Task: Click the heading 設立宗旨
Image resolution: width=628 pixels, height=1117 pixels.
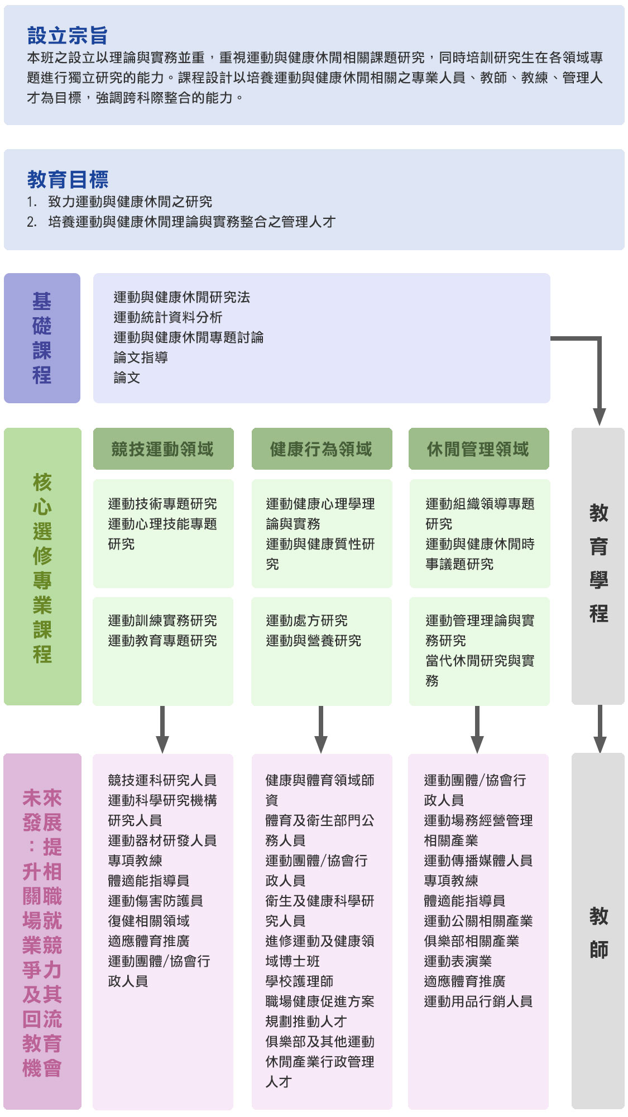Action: tap(68, 36)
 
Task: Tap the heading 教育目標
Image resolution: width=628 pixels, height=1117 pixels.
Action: tap(68, 180)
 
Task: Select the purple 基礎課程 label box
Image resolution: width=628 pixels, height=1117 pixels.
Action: tap(42, 338)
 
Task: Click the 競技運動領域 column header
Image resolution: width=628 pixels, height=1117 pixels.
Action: tap(162, 449)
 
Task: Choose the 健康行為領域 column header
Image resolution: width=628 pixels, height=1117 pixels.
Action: tap(321, 449)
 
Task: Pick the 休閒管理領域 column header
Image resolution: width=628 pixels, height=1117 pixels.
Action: tap(478, 449)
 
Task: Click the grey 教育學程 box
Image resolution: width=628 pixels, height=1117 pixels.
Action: tap(598, 564)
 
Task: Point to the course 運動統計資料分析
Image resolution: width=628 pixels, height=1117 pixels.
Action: tap(168, 317)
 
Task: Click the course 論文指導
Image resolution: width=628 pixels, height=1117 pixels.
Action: tap(141, 357)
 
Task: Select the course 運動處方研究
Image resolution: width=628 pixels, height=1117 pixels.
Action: tap(306, 620)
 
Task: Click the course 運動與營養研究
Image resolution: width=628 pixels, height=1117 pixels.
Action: tap(313, 641)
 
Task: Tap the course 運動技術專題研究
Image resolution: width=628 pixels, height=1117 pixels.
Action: tap(162, 504)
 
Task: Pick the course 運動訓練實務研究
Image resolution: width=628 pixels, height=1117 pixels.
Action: tap(162, 620)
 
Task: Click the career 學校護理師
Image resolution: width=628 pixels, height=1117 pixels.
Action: tap(299, 981)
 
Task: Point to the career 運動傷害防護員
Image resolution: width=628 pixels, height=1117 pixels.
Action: tap(155, 901)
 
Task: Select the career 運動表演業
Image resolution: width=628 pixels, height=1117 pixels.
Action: tap(458, 961)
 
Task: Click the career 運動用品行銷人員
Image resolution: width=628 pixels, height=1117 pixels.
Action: tap(478, 1001)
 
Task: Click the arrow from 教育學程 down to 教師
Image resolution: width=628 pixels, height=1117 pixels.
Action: tap(600, 729)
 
